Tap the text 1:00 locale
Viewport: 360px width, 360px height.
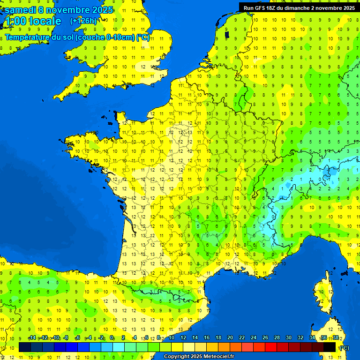tap(32, 21)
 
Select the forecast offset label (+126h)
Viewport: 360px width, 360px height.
tap(83, 21)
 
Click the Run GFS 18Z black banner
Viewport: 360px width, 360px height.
tap(299, 7)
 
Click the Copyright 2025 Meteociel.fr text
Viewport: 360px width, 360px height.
tap(199, 357)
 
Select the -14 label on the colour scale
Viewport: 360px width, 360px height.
tap(32, 337)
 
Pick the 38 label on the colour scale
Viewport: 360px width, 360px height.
tap(336, 337)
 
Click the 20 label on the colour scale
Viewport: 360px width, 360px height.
tap(230, 337)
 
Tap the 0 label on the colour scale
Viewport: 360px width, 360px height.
tap(112, 337)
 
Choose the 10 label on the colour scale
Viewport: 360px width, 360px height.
tap(172, 337)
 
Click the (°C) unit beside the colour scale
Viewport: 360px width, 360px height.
tap(344, 347)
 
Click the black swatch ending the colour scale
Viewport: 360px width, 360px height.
tap(330, 347)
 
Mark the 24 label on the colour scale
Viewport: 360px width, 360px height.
tap(254, 337)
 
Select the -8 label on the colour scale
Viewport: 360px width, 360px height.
tap(67, 337)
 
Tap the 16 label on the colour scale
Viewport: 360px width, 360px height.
tap(207, 337)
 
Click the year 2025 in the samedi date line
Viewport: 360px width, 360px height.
tap(99, 10)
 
